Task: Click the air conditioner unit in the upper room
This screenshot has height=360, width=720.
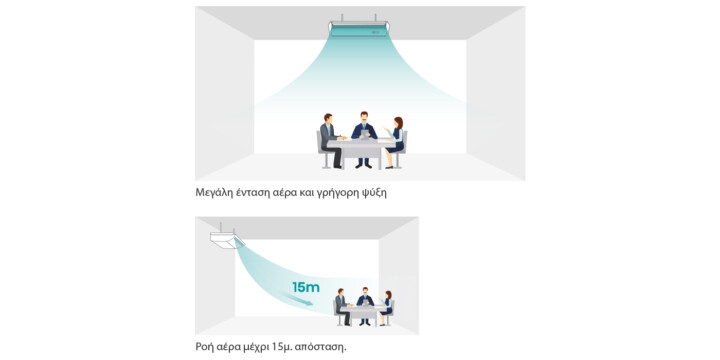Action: click(359, 28)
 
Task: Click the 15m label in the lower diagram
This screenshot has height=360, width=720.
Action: click(306, 287)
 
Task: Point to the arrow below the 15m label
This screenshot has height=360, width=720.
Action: click(298, 300)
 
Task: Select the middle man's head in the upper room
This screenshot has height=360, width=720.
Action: click(364, 117)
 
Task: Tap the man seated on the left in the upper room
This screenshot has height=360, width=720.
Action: click(332, 141)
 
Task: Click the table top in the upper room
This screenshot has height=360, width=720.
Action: click(361, 142)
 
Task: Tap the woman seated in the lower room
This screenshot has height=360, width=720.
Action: click(387, 308)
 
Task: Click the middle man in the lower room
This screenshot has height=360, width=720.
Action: click(365, 305)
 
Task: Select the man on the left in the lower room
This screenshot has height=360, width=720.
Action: click(343, 307)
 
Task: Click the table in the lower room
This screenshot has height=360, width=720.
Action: click(364, 315)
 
